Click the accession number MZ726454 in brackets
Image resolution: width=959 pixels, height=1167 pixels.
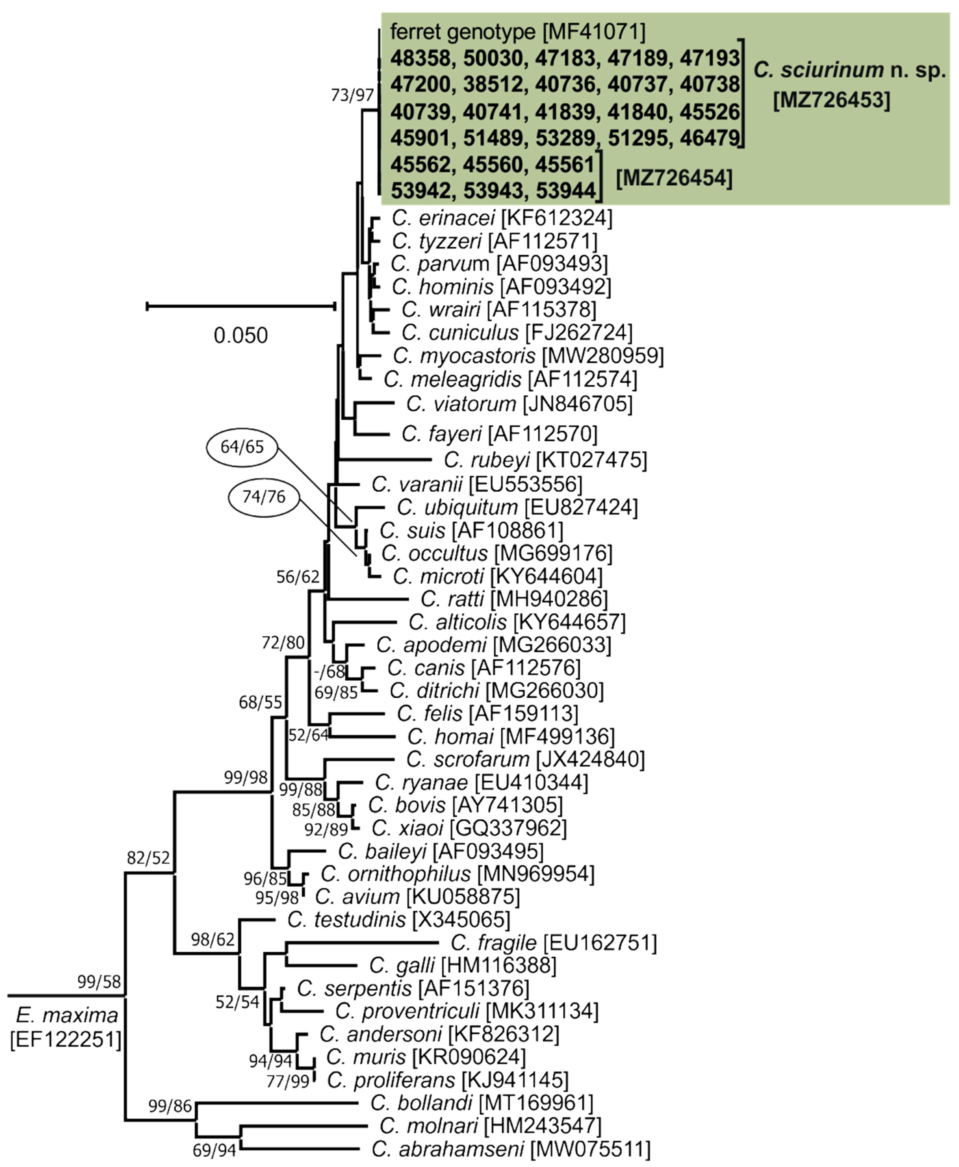tap(674, 178)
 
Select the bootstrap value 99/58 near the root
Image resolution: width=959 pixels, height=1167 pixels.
tap(99, 981)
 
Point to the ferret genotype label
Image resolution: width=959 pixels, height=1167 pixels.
tap(463, 32)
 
